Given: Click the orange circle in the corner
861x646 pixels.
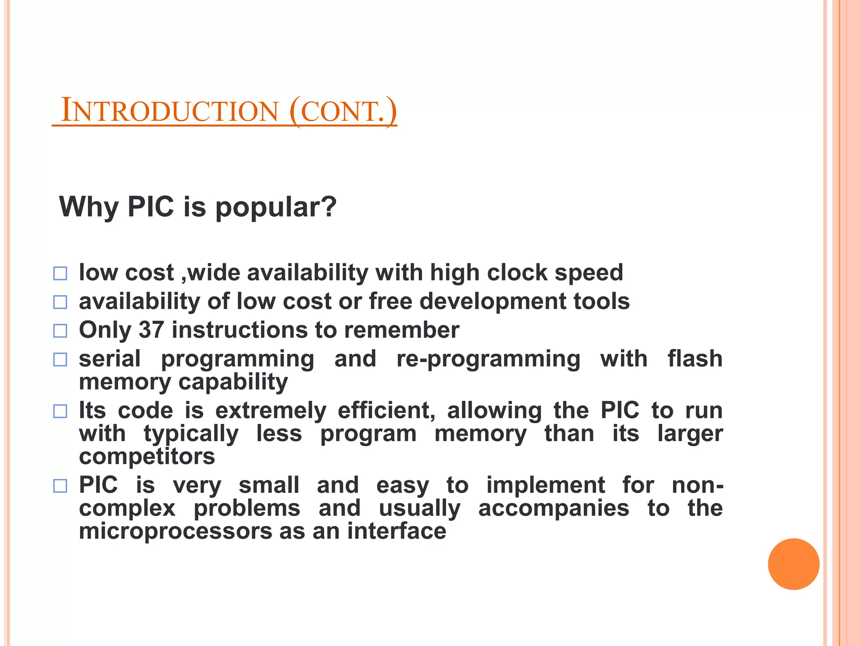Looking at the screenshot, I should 793,564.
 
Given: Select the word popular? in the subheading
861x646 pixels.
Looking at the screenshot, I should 276,208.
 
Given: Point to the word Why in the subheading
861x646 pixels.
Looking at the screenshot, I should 89,208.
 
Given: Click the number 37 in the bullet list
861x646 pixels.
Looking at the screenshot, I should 151,330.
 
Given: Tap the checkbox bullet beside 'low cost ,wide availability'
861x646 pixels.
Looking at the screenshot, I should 60,274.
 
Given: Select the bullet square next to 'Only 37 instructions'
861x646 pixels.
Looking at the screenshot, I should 60,331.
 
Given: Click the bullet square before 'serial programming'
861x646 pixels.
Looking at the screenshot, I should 60,360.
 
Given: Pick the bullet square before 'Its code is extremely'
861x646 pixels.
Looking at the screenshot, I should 60,411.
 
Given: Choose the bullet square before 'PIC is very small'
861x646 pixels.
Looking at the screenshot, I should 60,486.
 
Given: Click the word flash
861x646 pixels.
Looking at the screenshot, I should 695,359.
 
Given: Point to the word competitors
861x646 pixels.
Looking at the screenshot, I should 147,456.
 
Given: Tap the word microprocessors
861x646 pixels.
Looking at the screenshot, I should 175,531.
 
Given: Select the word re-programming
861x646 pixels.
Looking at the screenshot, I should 488,360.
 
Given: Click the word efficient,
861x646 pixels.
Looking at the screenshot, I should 386,410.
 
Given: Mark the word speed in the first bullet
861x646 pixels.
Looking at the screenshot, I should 589,273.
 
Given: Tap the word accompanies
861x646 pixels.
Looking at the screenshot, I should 554,508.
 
